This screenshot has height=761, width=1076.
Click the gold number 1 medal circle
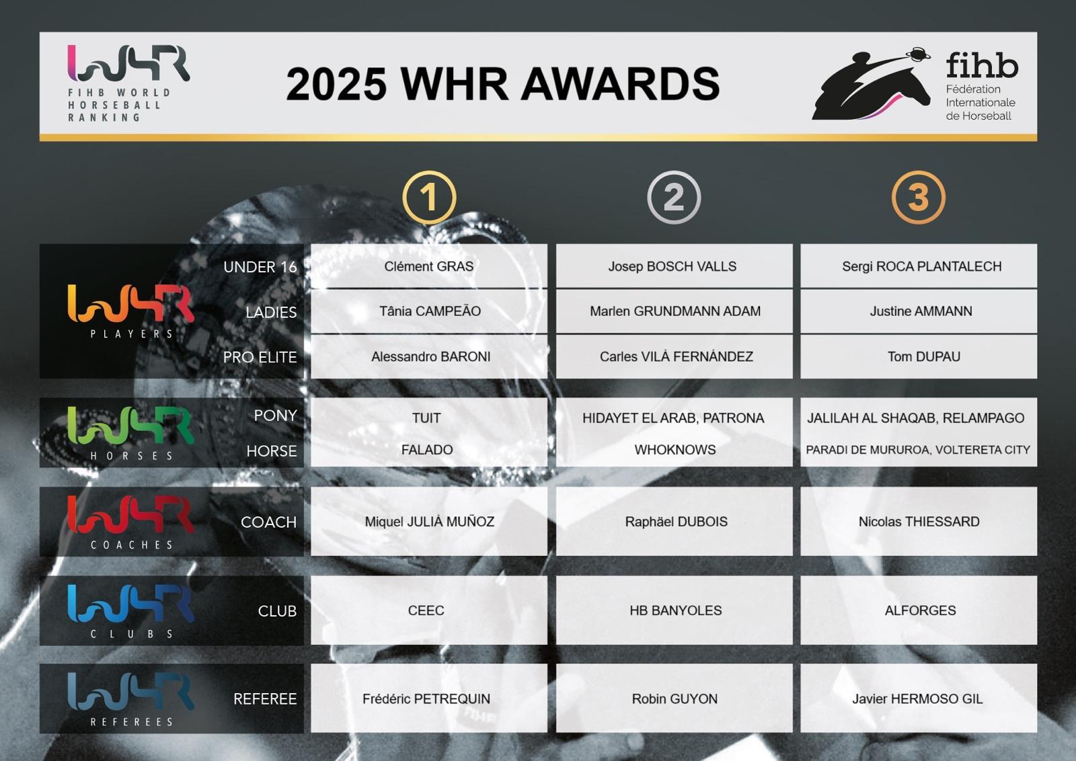click(429, 173)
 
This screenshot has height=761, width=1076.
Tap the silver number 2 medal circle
click(673, 173)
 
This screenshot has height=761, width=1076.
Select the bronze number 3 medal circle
click(918, 173)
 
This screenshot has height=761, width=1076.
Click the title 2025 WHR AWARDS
click(502, 83)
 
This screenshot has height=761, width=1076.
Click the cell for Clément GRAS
click(429, 266)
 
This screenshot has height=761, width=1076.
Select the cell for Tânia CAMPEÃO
click(429, 311)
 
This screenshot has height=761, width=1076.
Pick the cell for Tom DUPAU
click(919, 356)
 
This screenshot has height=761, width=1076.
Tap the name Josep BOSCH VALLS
click(672, 266)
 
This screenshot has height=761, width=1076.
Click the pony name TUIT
click(426, 418)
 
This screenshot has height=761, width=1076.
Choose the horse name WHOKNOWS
click(675, 450)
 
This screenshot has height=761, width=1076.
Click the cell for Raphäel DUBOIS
click(675, 522)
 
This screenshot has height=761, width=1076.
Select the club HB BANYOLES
click(675, 610)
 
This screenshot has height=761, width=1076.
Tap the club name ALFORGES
click(921, 610)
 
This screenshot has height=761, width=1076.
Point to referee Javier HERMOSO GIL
click(917, 698)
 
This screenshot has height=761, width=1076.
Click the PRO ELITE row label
click(260, 357)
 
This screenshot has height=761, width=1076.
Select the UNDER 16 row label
click(260, 267)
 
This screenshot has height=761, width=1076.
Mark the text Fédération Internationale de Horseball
click(981, 102)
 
